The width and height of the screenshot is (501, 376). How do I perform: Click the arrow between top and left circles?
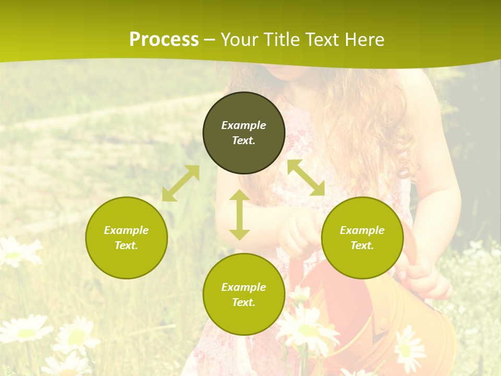181,183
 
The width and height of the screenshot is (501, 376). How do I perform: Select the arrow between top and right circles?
306,178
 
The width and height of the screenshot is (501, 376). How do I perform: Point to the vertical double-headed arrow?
240,215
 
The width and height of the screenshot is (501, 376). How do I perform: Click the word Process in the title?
164,40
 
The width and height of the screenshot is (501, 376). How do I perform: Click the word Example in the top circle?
244,125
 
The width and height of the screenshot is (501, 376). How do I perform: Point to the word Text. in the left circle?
126,245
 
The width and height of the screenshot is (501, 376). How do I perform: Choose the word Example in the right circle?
362,230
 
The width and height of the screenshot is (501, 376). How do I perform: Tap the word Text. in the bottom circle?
244,302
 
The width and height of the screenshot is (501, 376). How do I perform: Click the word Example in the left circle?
126,230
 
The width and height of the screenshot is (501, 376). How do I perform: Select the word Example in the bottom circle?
244,287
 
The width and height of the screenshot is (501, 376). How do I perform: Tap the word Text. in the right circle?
362,245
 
